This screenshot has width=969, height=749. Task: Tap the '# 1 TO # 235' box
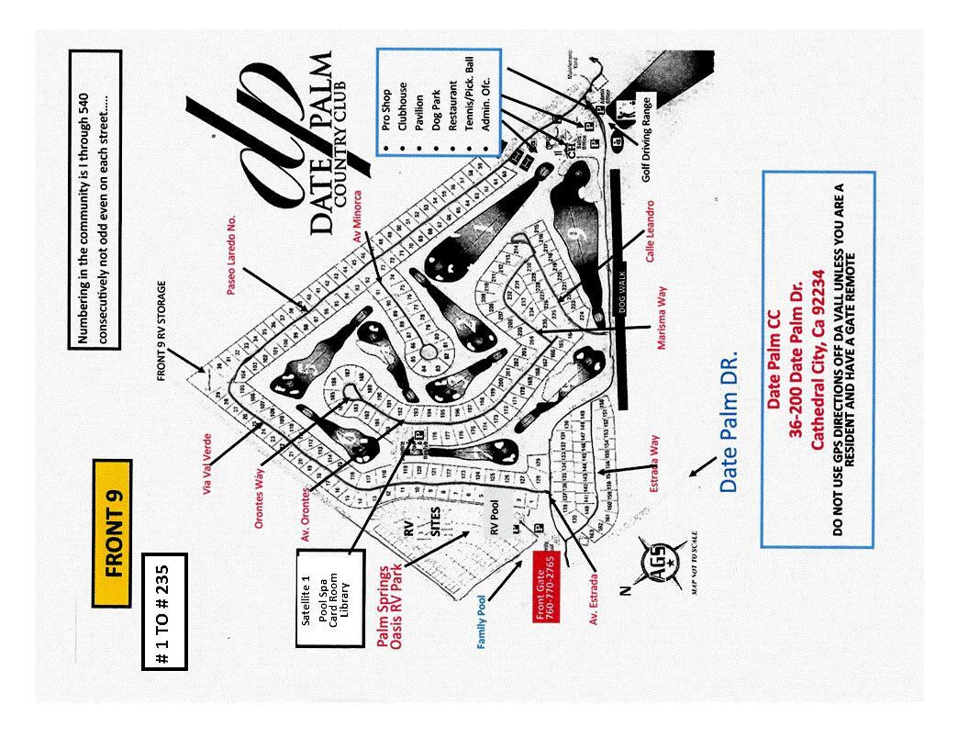(165, 611)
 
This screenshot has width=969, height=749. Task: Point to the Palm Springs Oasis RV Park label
(390, 608)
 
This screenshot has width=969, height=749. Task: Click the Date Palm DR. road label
(730, 421)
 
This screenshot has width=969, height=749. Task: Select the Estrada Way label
(654, 464)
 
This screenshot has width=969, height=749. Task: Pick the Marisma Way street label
(662, 318)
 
